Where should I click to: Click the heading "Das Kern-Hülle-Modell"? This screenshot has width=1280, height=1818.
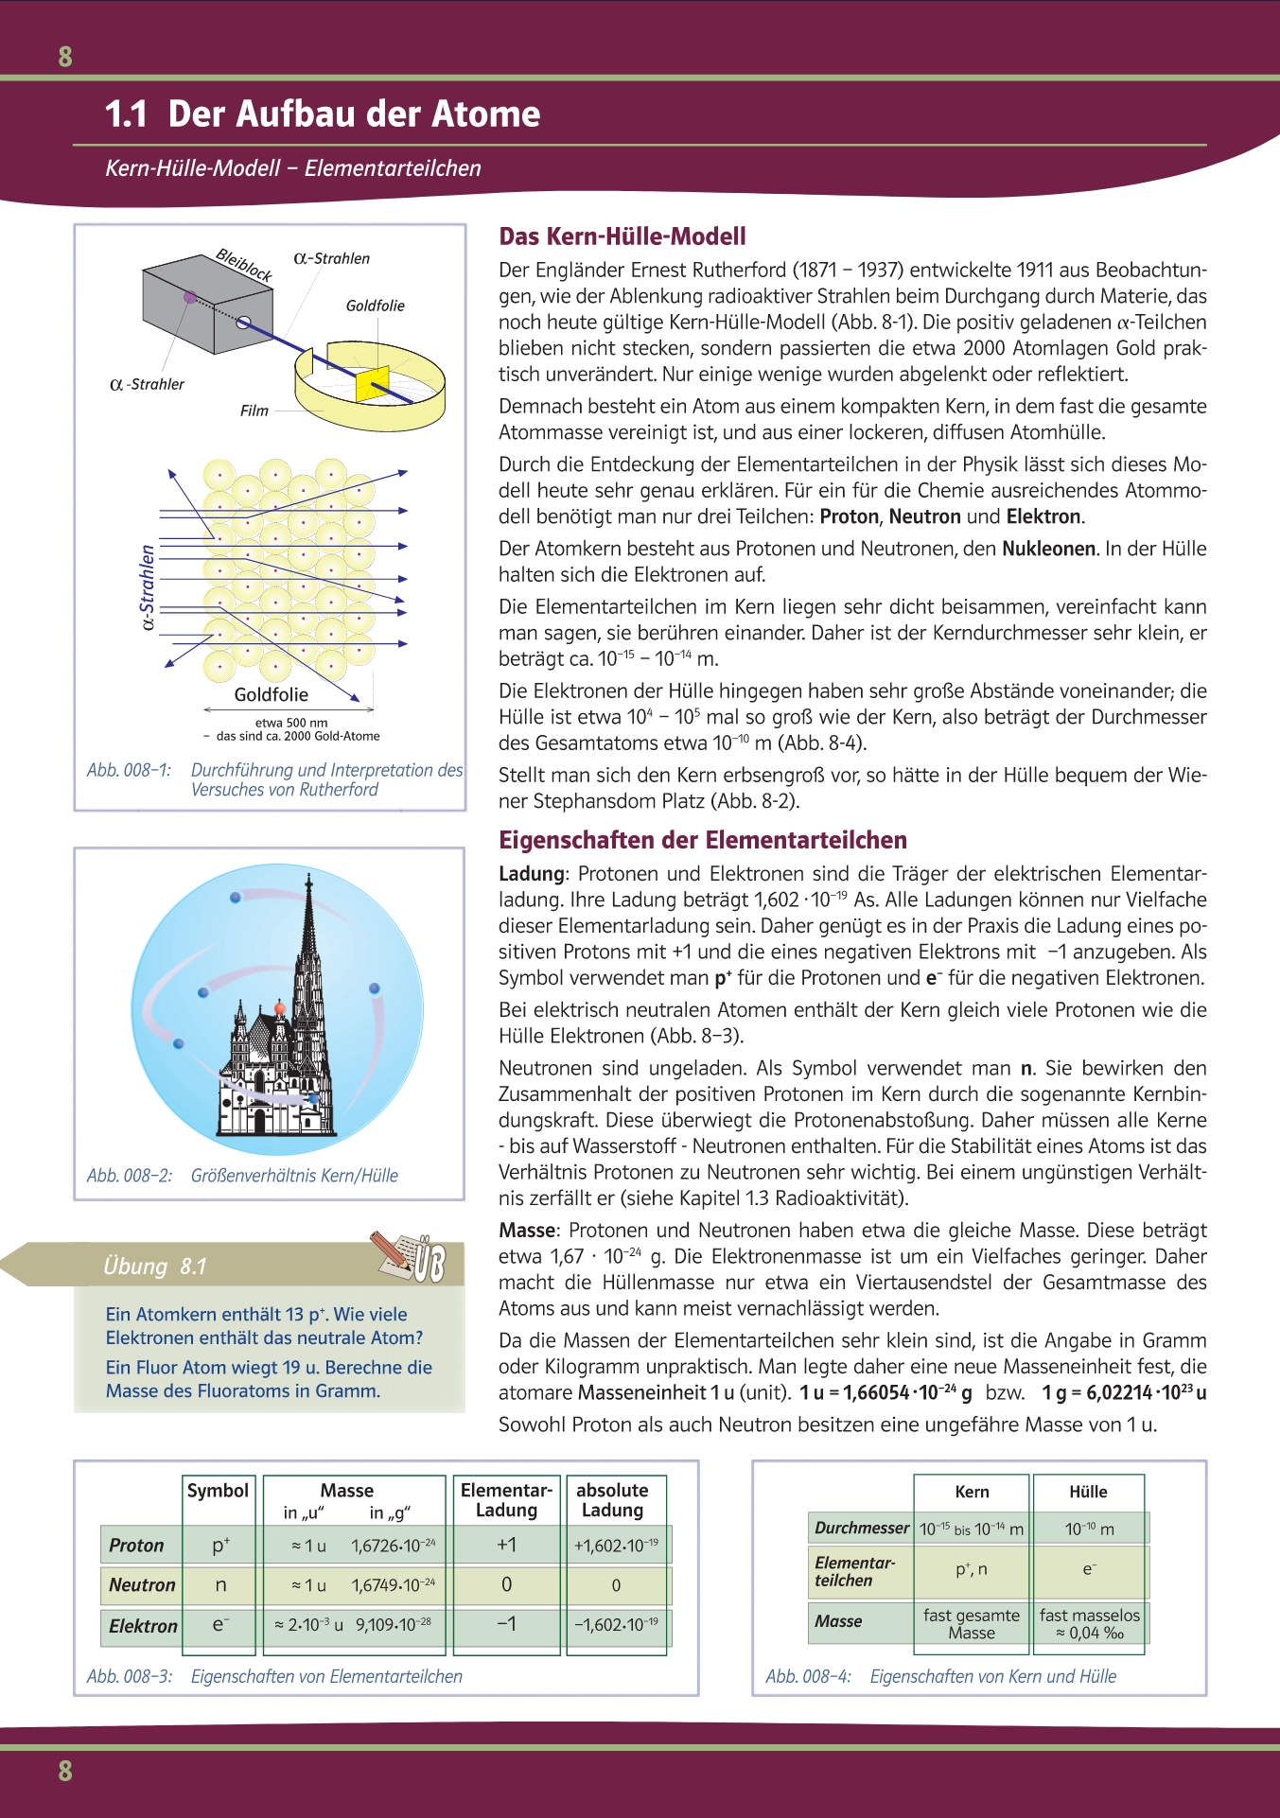coord(622,236)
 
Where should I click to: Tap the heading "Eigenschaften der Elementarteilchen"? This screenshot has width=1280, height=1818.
coord(703,840)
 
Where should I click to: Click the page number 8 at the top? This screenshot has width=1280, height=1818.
coord(65,57)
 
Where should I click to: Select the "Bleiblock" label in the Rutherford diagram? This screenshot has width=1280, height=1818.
coord(244,264)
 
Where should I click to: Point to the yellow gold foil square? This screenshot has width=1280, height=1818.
coord(372,381)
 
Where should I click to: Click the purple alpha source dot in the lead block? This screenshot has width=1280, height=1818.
coord(190,297)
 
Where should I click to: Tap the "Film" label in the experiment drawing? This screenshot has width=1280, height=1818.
coord(254,411)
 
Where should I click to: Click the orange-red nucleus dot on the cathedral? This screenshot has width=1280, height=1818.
coord(280,1009)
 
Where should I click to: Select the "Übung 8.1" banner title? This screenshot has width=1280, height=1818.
coord(155,1267)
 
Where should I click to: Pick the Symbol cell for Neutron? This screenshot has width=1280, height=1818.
coord(220,1584)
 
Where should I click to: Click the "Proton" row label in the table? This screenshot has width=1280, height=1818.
coord(136,1546)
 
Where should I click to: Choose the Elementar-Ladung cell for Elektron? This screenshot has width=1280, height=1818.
coord(506,1624)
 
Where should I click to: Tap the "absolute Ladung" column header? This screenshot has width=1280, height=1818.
coord(612,1500)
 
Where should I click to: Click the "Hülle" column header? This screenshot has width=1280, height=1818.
coord(1088,1492)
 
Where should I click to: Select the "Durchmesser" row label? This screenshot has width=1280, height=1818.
coord(862,1528)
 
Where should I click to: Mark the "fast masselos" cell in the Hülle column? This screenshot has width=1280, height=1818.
coord(1089,1623)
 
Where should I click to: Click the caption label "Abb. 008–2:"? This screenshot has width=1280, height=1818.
coord(130,1176)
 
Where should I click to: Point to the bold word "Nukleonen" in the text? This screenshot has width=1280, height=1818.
coord(1048,549)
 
